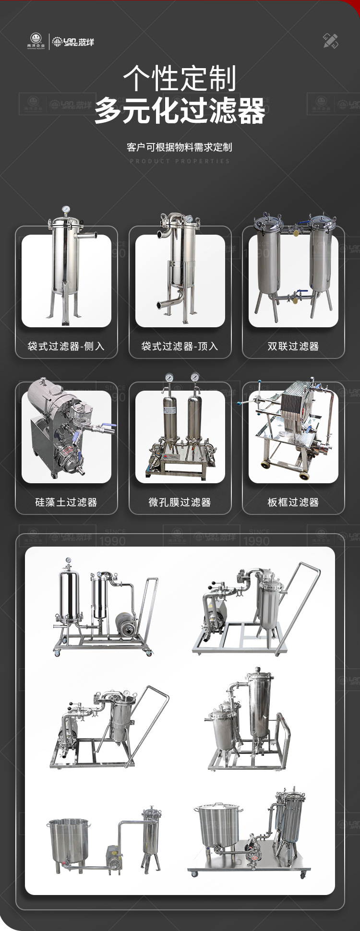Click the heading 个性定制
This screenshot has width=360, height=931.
click(180, 78)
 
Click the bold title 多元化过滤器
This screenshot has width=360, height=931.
click(180, 111)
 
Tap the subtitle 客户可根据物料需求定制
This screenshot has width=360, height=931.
click(180, 147)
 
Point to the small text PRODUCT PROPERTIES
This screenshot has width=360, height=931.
click(180, 161)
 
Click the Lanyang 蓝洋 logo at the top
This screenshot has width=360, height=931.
click(73, 42)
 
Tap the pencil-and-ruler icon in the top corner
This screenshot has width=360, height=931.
click(330, 41)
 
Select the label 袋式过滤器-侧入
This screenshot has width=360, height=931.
click(66, 346)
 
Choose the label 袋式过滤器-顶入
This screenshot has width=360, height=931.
click(180, 346)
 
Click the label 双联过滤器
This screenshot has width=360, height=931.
click(293, 346)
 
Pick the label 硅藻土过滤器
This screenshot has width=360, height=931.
click(66, 502)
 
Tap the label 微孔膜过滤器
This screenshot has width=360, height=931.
click(180, 502)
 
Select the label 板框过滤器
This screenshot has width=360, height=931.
click(293, 502)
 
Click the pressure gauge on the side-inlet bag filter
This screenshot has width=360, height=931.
click(66, 210)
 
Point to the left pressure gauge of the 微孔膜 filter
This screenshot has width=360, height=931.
click(168, 378)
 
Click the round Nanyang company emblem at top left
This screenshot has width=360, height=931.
click(36, 40)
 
